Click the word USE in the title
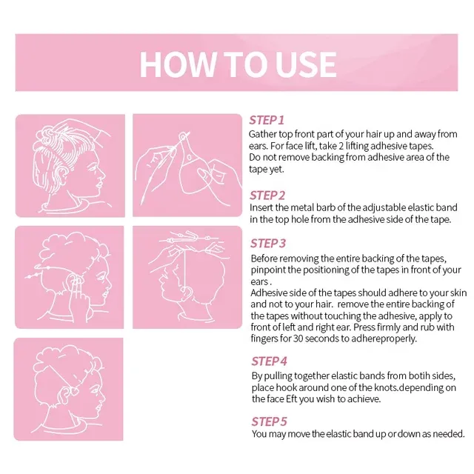(306, 64)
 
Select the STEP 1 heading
(267, 120)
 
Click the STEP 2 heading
(267, 196)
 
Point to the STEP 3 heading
(268, 244)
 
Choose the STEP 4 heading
(269, 361)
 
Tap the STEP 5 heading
(269, 421)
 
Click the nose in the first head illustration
(103, 175)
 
